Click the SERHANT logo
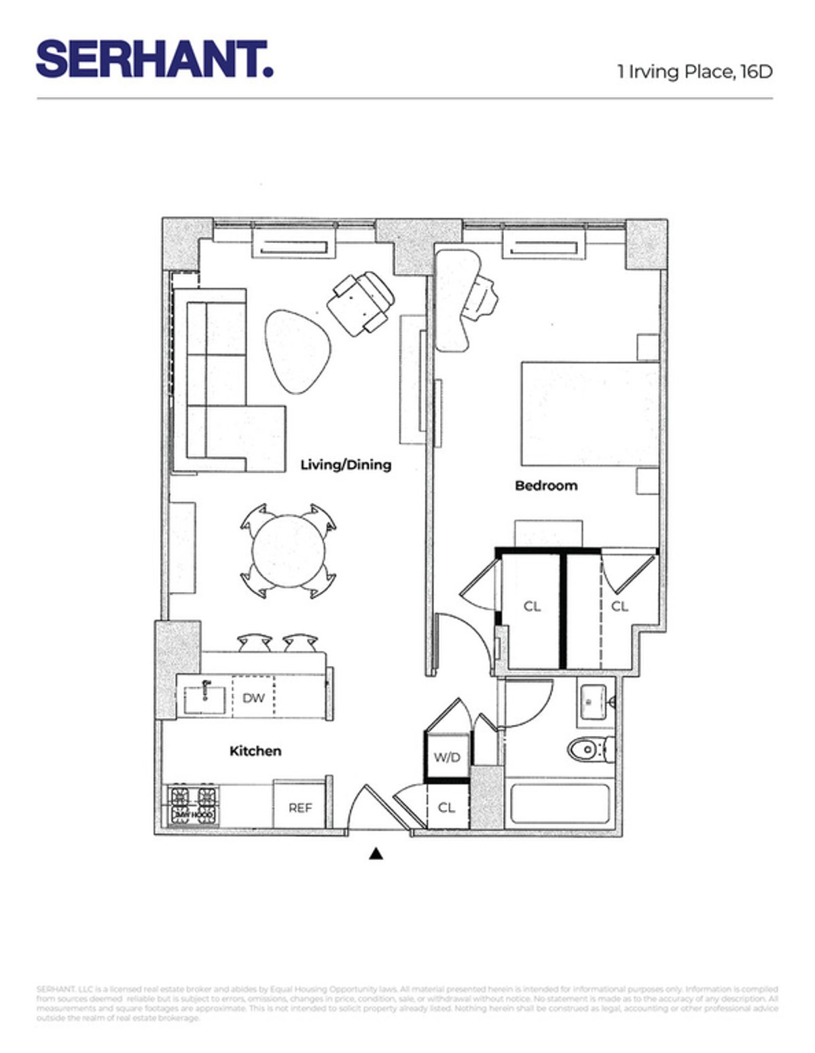point(154,59)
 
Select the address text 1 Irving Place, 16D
point(694,72)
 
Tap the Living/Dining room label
point(346,465)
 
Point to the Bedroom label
point(546,485)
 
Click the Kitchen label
point(255,751)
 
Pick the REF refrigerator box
point(301,807)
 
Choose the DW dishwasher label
point(253,698)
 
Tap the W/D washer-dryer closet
point(447,758)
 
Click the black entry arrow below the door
point(376,854)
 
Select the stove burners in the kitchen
point(194,805)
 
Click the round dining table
point(288,551)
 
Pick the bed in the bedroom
point(590,414)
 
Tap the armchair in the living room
point(360,303)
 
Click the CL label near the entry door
point(446,808)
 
